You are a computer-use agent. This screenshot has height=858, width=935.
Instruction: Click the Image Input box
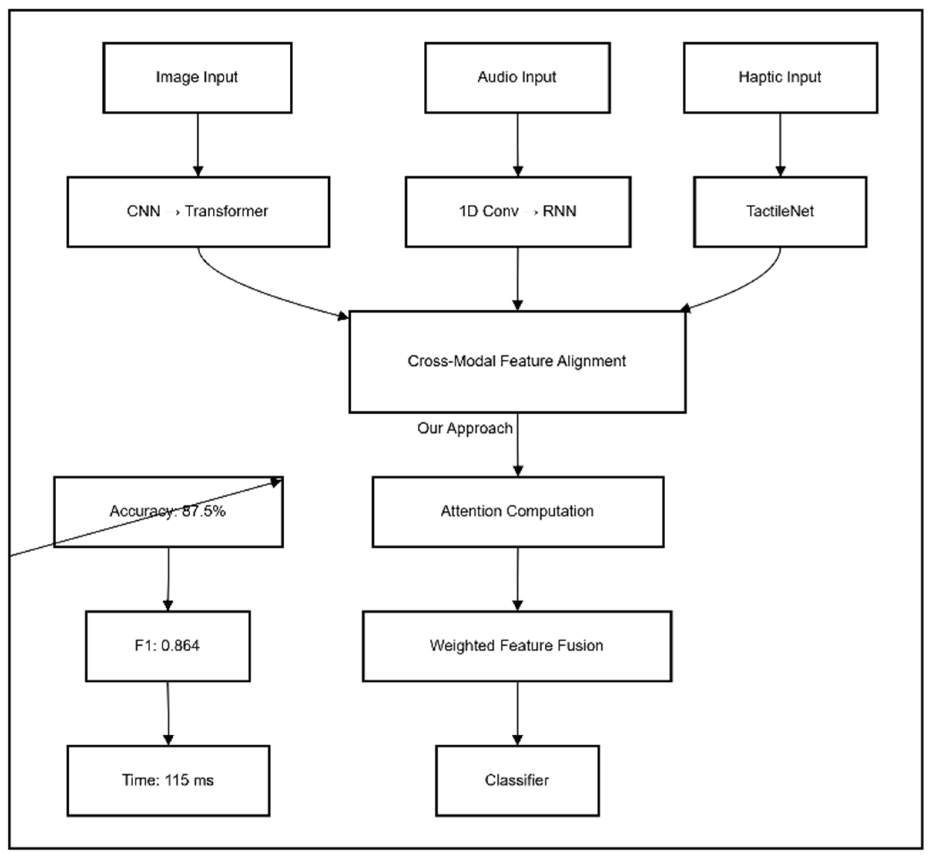[197, 77]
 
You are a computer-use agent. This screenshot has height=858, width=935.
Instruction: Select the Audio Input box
[517, 77]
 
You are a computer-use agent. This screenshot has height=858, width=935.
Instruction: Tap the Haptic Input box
[780, 77]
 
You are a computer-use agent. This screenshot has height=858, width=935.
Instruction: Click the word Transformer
[227, 211]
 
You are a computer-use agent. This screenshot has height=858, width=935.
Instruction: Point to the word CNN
[143, 211]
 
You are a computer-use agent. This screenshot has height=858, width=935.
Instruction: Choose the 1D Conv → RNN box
[517, 212]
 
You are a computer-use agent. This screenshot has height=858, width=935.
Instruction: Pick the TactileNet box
[780, 212]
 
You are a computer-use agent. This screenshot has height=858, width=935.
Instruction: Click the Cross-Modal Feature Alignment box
[517, 362]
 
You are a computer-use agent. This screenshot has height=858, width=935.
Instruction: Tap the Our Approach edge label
[465, 428]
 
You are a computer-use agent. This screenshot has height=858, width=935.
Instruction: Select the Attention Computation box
[517, 511]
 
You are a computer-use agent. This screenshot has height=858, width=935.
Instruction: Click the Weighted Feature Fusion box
[517, 646]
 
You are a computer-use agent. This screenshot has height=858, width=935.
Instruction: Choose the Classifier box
[517, 781]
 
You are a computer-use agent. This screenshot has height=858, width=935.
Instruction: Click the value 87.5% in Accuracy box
[204, 511]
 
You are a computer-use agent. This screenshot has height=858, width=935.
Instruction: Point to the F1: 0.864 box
[168, 646]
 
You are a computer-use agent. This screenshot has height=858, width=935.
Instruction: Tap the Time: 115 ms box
[168, 781]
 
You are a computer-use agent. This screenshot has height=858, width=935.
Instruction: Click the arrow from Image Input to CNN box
[198, 144]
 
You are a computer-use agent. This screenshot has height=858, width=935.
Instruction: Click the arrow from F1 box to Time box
[168, 713]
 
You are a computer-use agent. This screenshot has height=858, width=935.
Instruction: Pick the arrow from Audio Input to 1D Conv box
[518, 144]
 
